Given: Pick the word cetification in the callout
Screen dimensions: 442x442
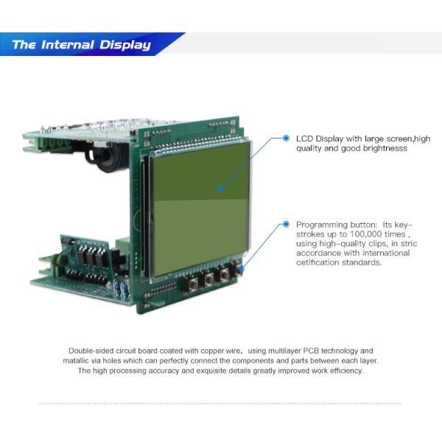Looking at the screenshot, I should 317,263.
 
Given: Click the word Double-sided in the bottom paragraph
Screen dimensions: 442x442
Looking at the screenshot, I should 92,351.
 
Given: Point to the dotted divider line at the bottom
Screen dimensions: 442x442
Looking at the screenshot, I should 220,404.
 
